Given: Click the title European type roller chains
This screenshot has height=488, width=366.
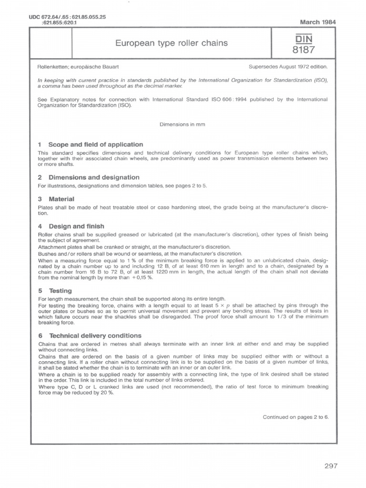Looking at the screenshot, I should (172, 43).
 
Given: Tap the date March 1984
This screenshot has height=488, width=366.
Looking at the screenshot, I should (315, 22).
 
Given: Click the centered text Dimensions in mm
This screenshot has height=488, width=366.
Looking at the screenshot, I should (183, 123).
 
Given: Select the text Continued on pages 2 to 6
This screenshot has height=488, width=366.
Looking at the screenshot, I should (295, 417).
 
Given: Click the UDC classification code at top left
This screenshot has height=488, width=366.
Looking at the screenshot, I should (67, 19).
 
